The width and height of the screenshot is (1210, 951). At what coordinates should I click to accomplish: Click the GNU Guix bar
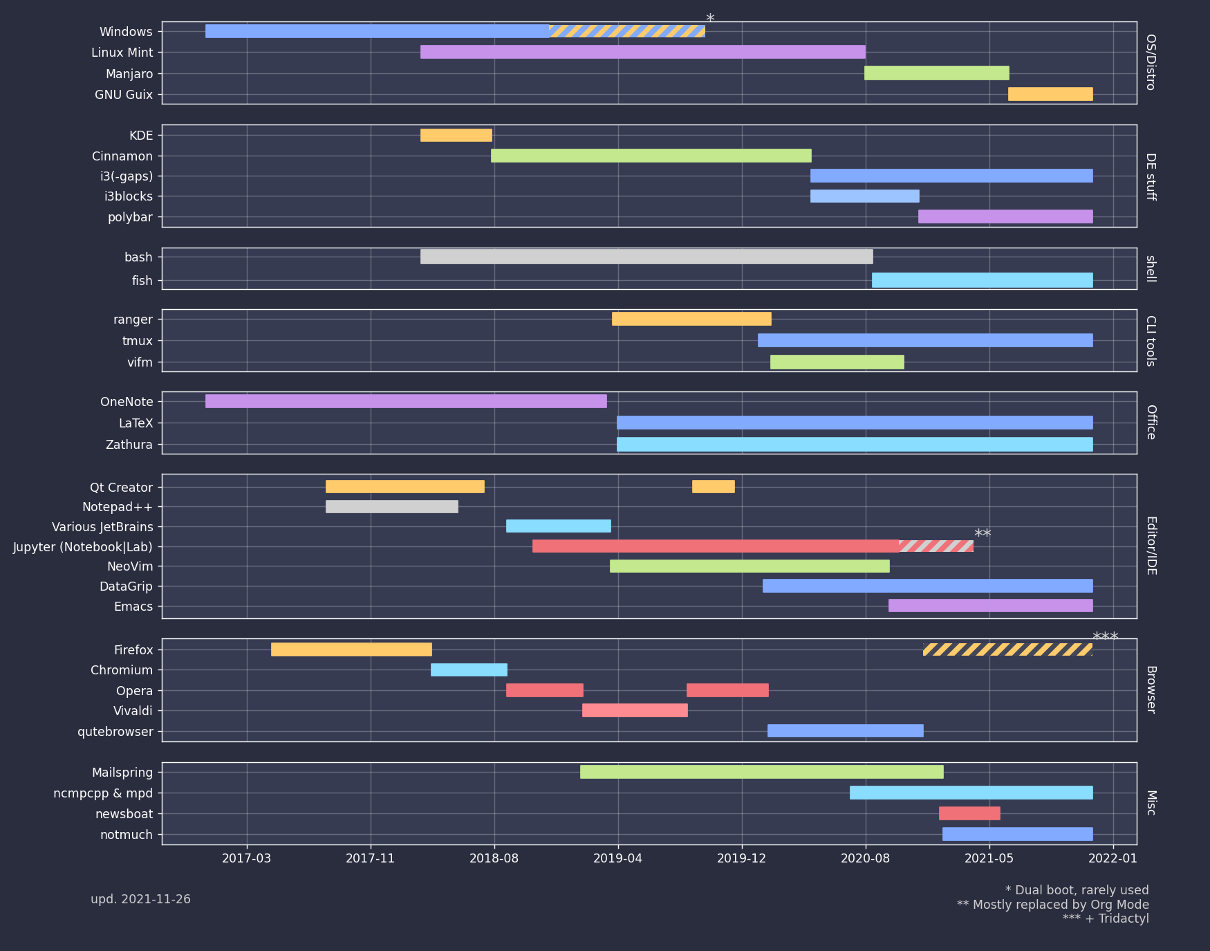[1050, 94]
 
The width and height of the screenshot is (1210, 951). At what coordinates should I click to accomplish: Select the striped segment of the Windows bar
[626, 31]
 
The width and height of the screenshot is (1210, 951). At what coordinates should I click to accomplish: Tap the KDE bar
[456, 135]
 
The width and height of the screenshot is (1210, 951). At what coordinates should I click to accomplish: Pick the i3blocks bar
[864, 196]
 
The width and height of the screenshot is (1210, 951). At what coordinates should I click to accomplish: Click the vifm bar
[837, 362]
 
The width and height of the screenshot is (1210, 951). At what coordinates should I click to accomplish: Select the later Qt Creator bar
[713, 486]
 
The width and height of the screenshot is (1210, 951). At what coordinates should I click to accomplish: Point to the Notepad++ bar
[391, 506]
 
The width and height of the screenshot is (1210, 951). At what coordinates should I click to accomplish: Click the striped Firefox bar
[1007, 649]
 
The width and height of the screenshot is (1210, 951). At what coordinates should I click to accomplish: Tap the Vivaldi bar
[634, 710]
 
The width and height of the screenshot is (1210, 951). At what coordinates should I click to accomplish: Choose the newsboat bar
[969, 813]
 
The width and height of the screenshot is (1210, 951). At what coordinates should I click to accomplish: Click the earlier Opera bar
[544, 690]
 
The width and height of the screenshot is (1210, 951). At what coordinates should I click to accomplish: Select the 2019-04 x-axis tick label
[617, 858]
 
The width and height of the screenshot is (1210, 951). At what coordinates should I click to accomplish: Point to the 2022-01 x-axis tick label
[1113, 858]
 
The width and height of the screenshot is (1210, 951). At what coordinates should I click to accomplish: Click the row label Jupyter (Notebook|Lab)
[83, 547]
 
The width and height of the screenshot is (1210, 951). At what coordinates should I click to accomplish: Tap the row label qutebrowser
[115, 732]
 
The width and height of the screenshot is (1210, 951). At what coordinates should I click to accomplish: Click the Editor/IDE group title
[1151, 546]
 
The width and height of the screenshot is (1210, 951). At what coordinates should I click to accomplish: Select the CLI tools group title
[1151, 340]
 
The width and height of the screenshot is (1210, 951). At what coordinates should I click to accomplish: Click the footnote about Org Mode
[1052, 905]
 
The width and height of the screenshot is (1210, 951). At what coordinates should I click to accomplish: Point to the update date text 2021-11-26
[140, 899]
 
